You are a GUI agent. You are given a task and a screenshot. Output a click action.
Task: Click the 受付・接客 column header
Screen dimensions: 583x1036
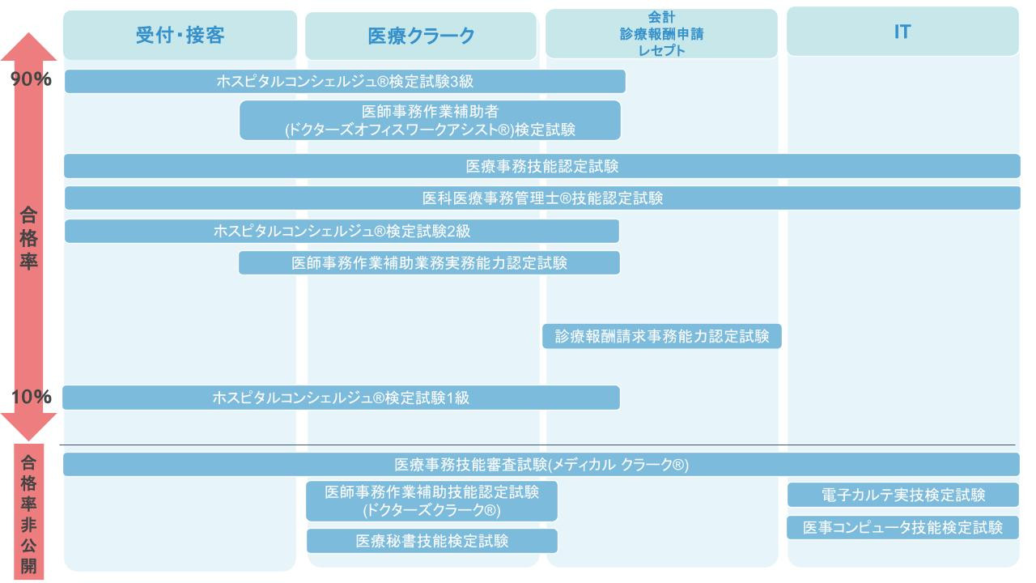[180, 35]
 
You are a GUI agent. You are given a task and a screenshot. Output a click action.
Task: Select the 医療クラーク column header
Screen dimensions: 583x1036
[421, 36]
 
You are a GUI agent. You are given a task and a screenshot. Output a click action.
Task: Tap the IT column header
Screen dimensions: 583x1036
[902, 32]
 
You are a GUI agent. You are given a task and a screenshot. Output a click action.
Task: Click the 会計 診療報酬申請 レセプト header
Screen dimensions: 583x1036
[661, 33]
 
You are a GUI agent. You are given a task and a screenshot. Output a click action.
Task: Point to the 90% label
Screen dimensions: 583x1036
[31, 79]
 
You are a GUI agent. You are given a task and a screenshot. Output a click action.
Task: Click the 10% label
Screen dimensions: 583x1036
[31, 397]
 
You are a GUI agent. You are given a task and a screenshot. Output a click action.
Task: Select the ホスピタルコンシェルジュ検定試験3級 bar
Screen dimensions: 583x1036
[345, 82]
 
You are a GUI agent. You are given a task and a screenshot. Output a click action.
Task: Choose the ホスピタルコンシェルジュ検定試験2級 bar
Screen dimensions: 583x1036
[342, 231]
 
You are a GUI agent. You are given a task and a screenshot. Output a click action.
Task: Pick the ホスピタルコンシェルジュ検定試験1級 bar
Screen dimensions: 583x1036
[341, 398]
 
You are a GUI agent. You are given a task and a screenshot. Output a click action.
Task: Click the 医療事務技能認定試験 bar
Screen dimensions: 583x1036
[541, 166]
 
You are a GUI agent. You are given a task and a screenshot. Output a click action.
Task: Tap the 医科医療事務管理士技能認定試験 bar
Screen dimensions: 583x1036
[541, 198]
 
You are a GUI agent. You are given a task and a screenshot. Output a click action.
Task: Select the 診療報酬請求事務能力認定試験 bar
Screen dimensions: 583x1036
[661, 336]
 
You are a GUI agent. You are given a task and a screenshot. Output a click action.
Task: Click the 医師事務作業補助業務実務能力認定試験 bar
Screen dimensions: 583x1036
[429, 263]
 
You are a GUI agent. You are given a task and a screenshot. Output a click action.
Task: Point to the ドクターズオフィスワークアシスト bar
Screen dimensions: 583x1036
[430, 121]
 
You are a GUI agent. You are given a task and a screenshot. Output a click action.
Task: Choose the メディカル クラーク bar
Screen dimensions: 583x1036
[541, 464]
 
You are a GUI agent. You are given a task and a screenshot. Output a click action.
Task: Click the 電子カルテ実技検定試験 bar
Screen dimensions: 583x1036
[902, 495]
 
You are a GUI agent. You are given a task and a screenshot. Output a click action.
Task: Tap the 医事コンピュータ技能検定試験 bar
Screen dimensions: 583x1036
[902, 527]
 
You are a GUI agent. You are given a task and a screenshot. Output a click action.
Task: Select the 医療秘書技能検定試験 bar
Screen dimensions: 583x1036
[431, 541]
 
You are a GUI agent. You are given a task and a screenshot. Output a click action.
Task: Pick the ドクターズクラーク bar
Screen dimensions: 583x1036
[431, 501]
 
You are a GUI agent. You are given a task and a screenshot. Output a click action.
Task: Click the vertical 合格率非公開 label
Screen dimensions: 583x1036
[28, 514]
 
